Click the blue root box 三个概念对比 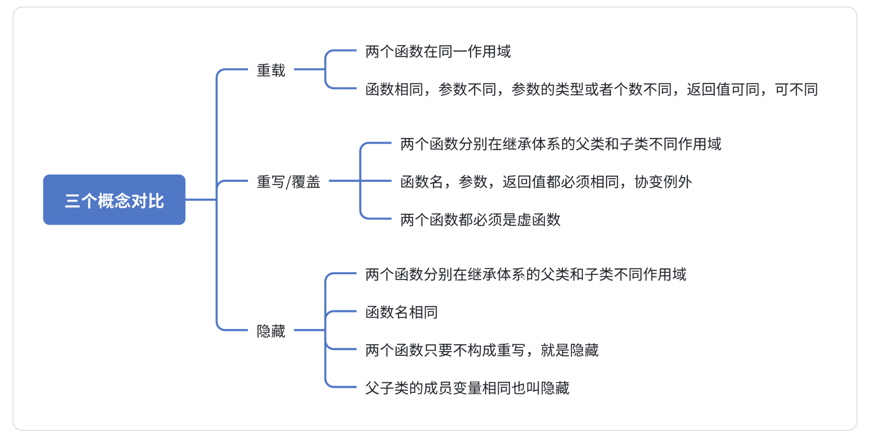point(114,200)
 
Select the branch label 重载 point(271,70)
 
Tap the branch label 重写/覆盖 point(288,182)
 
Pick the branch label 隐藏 point(271,331)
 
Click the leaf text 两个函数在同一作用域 point(438,51)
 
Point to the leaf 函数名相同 point(401,312)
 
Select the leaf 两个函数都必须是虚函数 point(480,219)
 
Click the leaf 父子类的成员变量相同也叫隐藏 point(467,388)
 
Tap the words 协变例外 point(663,182)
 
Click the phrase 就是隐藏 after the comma point(569,350)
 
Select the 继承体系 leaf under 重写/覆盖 point(560,144)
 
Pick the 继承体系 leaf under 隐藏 point(525,274)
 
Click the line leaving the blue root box point(200,200)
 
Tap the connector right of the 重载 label point(309,69)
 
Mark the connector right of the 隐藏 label point(309,330)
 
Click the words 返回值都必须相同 point(560,182)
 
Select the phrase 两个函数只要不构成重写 point(445,350)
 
